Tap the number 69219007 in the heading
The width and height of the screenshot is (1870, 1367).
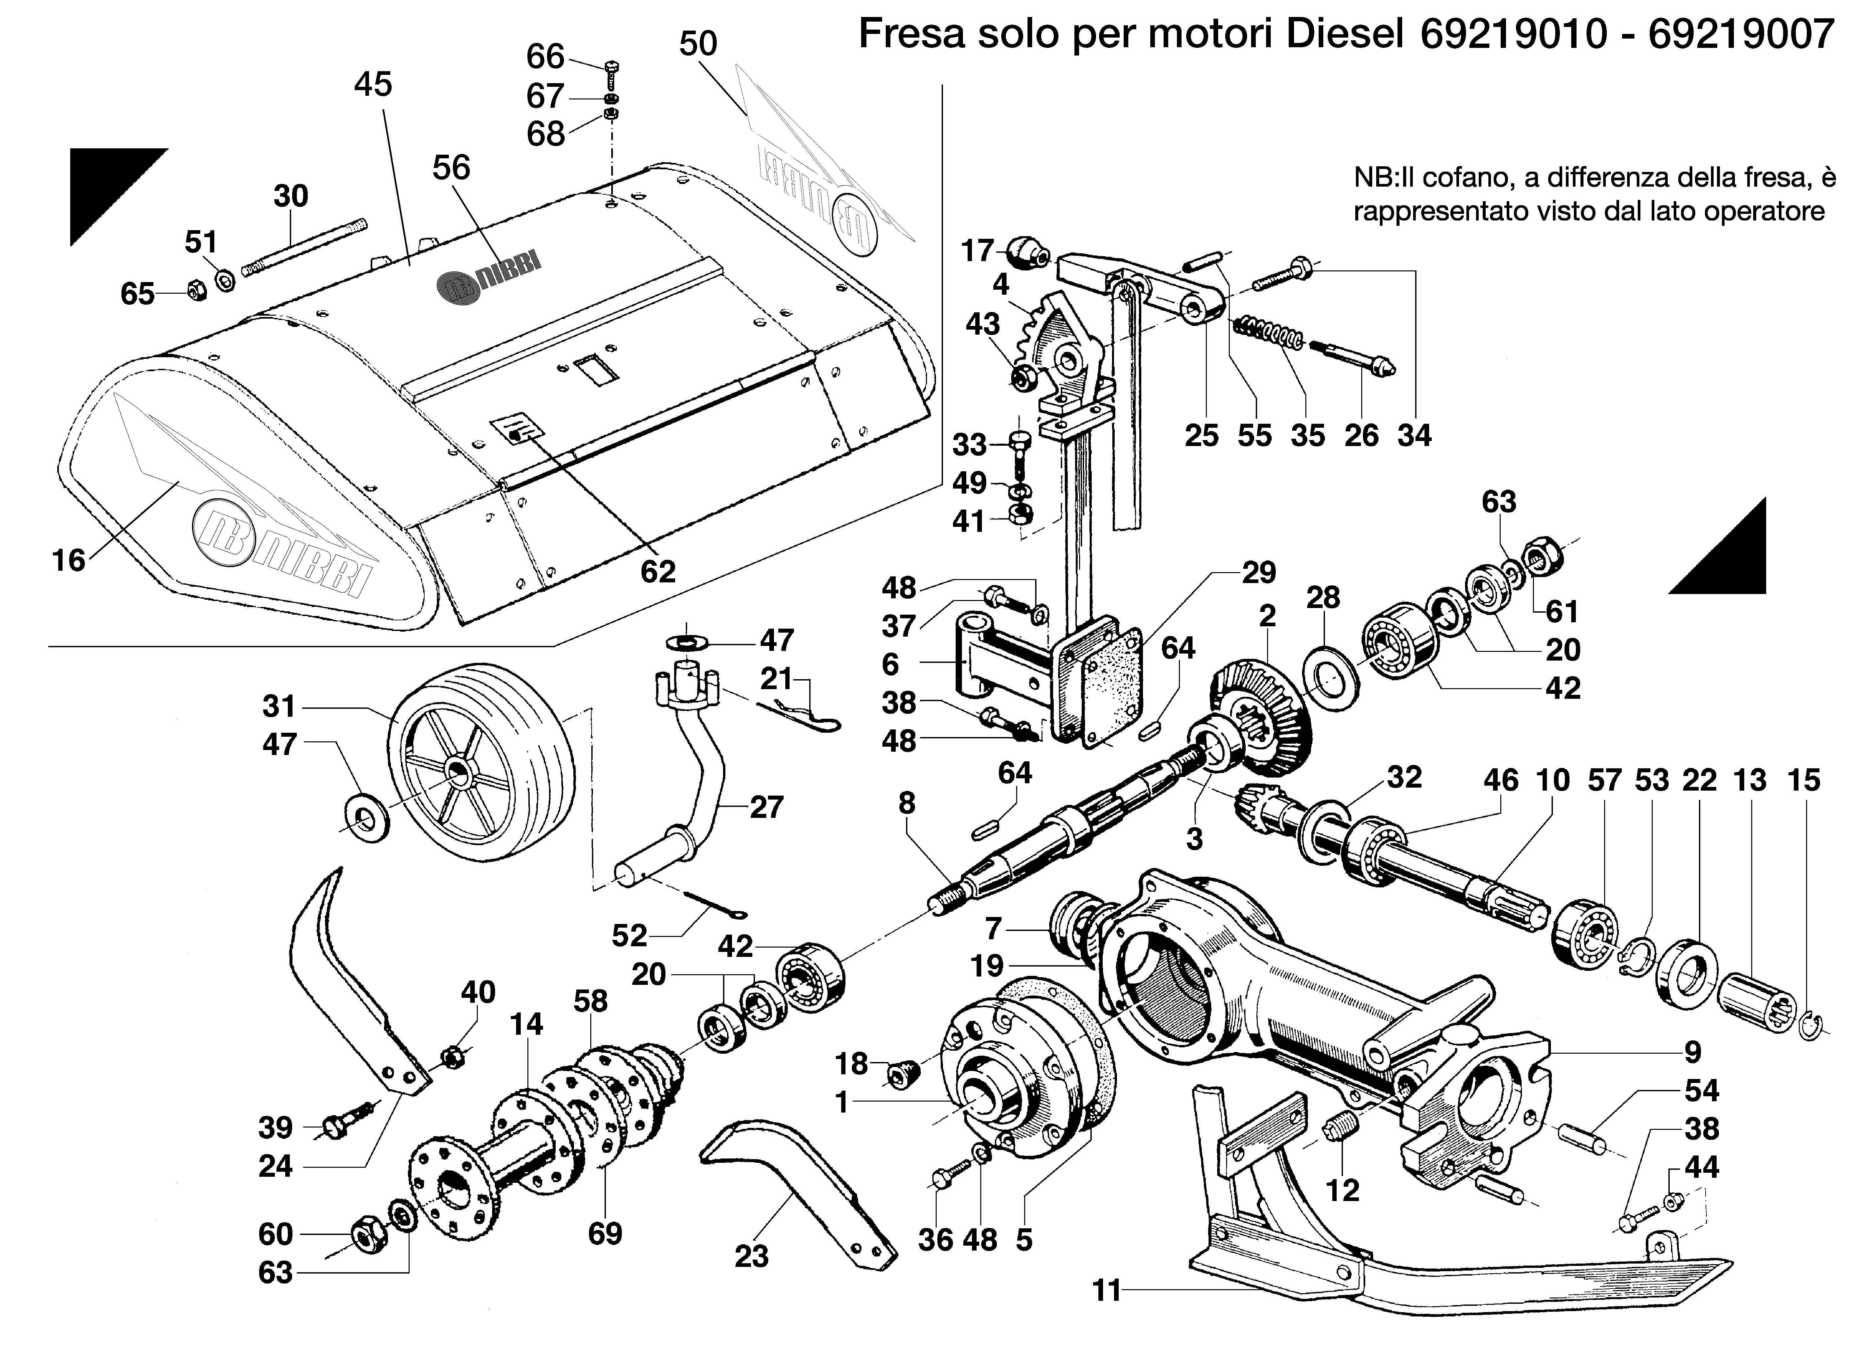[x=1741, y=35]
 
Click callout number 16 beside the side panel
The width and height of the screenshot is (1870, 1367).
[x=69, y=560]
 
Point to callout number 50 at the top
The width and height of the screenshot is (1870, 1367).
[x=698, y=43]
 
